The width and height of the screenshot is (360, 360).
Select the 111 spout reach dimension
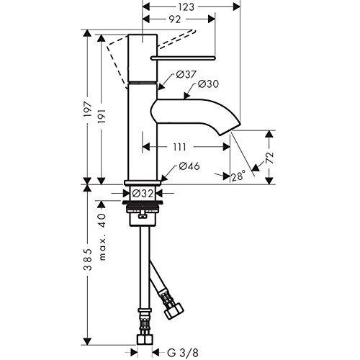[x=179, y=147]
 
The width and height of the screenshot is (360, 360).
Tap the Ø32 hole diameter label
[x=141, y=193]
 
